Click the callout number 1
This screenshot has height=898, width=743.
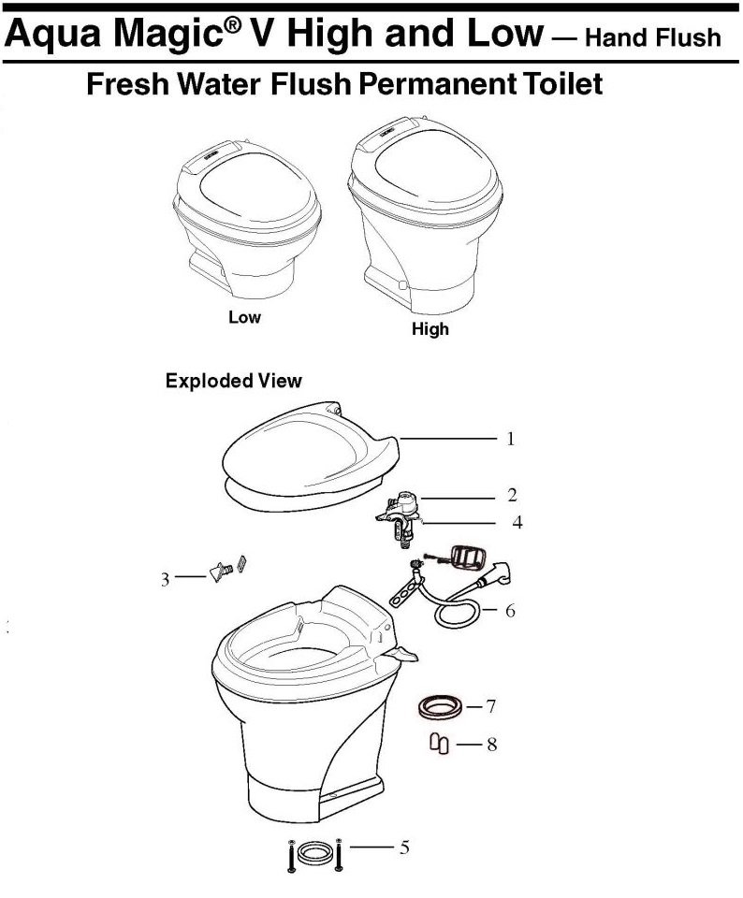[x=510, y=440]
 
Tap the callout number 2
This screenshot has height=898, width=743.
[x=512, y=495]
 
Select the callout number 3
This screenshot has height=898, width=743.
[x=165, y=580]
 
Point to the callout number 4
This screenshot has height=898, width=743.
[x=517, y=522]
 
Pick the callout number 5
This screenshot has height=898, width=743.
[x=404, y=847]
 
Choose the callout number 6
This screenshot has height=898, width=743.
[x=510, y=611]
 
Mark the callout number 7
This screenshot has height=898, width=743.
[x=491, y=706]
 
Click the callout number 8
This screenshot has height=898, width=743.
[x=491, y=745]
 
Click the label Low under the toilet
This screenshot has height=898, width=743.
[x=244, y=317]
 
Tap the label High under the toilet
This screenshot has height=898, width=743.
[x=430, y=329]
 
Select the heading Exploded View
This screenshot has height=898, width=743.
[x=234, y=381]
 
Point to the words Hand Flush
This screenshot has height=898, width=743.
[x=653, y=37]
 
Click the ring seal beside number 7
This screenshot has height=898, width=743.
[x=440, y=707]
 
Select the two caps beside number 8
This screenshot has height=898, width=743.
[x=440, y=744]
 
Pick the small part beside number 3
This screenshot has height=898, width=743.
[x=228, y=570]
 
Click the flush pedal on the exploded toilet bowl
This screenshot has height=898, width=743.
[x=401, y=654]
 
